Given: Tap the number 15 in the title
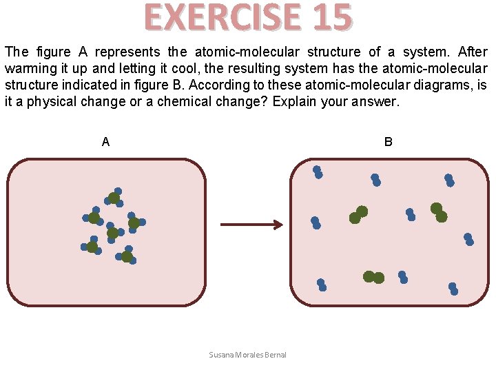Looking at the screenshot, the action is (x=331, y=18).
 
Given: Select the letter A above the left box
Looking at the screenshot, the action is (x=105, y=142).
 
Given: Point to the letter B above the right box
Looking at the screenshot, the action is (x=389, y=142).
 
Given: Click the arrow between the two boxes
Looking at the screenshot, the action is (x=251, y=225).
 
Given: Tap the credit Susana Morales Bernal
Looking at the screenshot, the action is (x=247, y=355).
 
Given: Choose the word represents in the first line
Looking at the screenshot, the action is (x=127, y=52).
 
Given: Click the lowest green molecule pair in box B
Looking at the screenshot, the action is (x=373, y=277).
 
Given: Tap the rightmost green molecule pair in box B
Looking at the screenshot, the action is (x=439, y=212).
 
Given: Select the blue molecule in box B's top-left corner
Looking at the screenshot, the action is (x=318, y=172).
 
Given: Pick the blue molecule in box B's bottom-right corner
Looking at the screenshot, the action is (x=453, y=289).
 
